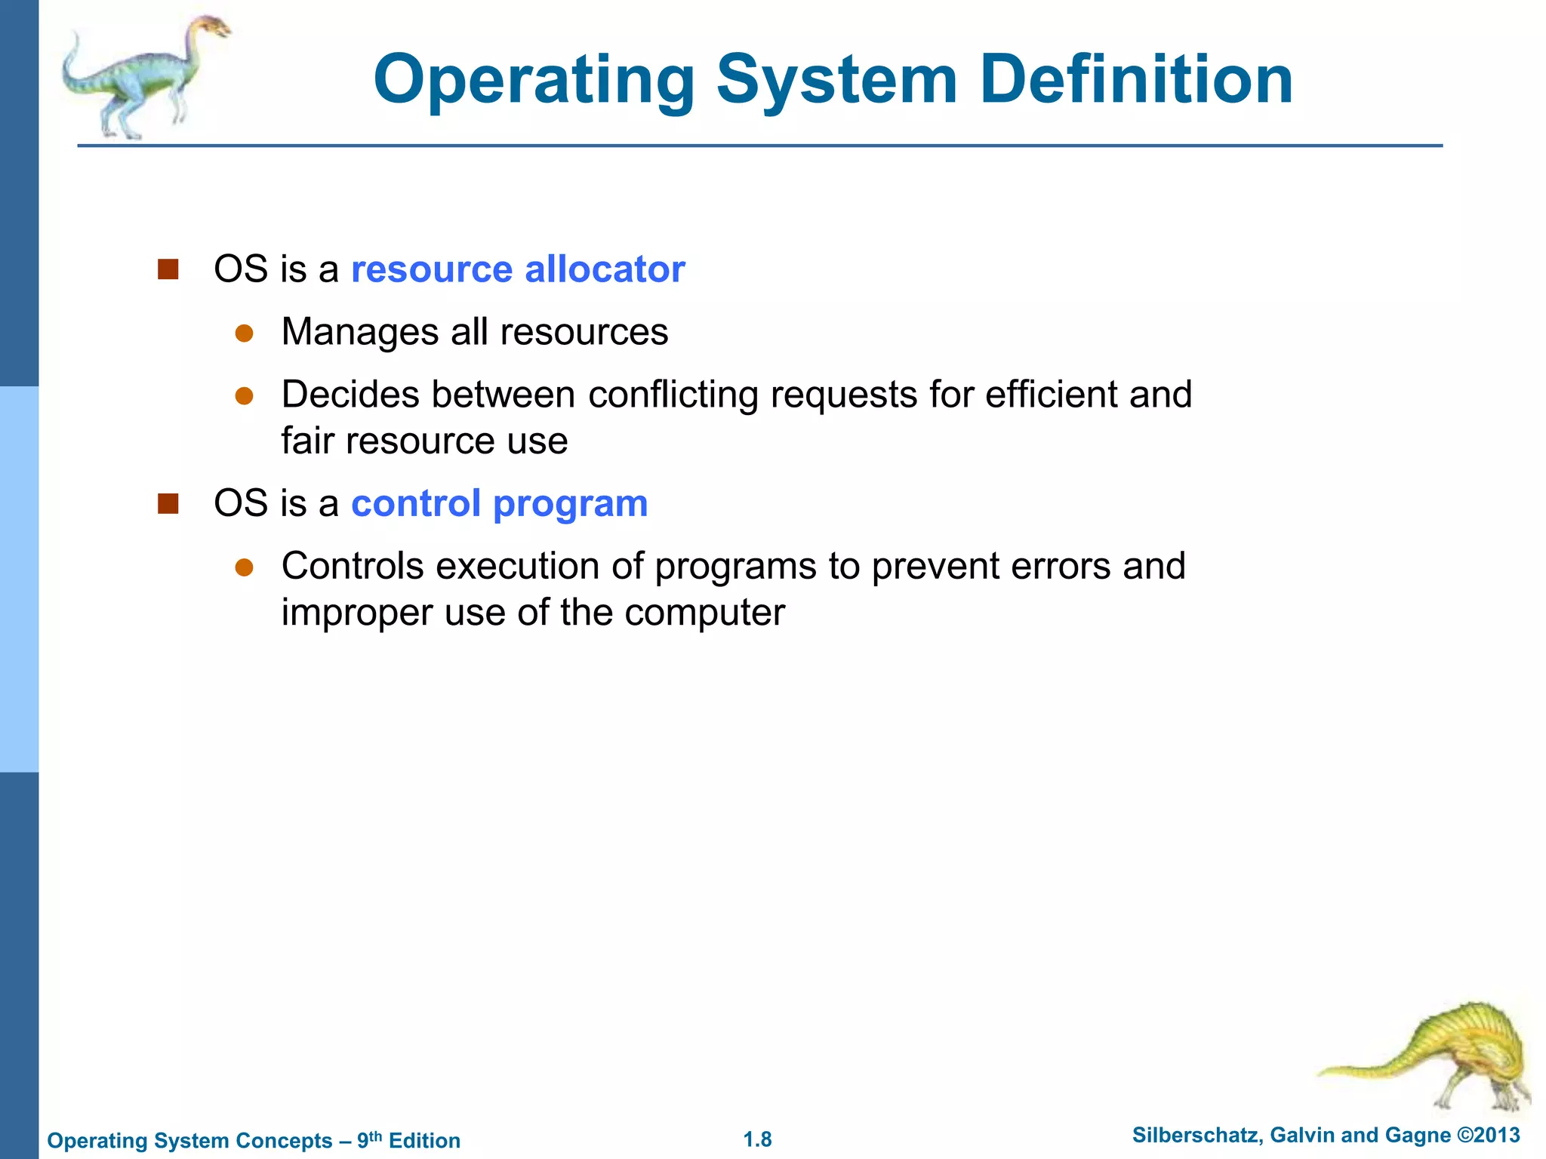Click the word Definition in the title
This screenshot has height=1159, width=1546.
coord(1136,79)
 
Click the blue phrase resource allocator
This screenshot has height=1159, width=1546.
coord(518,269)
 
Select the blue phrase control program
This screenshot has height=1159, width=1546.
coord(499,503)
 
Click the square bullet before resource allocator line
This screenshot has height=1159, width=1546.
coord(168,269)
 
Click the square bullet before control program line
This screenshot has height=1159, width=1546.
coord(168,503)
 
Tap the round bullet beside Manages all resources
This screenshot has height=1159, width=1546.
coord(244,334)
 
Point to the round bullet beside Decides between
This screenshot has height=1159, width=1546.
coord(244,396)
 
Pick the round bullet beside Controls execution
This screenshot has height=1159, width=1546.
coord(244,567)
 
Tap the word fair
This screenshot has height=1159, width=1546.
coord(307,441)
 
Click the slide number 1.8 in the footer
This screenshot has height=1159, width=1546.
coord(757,1139)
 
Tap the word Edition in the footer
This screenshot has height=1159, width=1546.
coord(424,1140)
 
